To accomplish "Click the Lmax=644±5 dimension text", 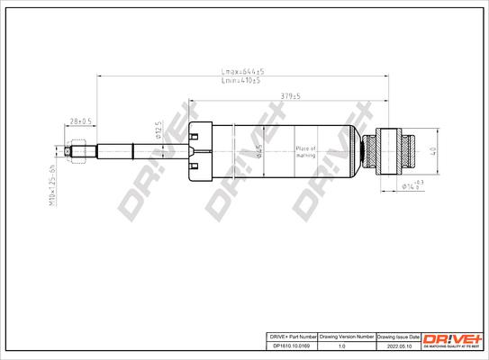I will [242, 70].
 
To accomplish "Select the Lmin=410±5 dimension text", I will [241, 81].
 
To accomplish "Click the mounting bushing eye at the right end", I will [395, 150].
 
